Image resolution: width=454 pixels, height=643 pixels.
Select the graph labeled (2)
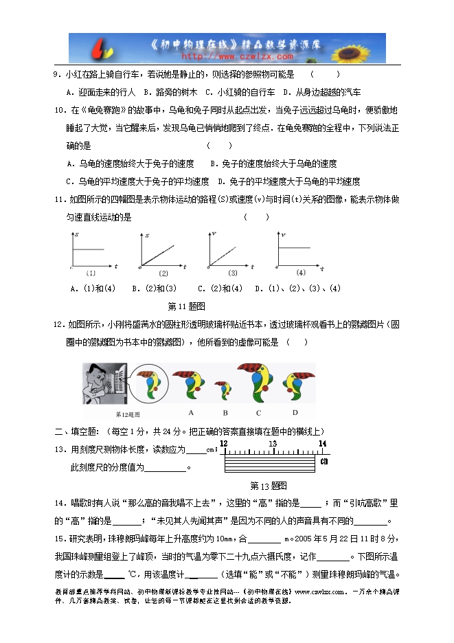[x=162, y=251]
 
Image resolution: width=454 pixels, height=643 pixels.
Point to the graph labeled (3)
[x=231, y=251]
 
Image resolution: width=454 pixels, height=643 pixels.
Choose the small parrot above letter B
[x=224, y=390]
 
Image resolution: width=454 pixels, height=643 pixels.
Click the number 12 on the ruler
[x=223, y=444]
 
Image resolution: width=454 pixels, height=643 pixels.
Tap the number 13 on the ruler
[x=273, y=444]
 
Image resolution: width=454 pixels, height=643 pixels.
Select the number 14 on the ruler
[x=322, y=444]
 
